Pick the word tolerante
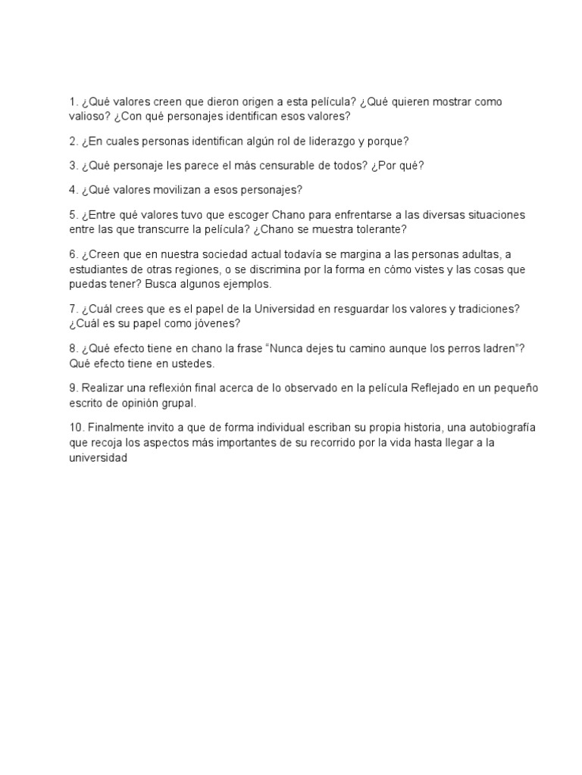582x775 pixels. [380, 229]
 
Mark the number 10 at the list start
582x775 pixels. [74, 427]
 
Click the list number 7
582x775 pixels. [72, 309]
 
